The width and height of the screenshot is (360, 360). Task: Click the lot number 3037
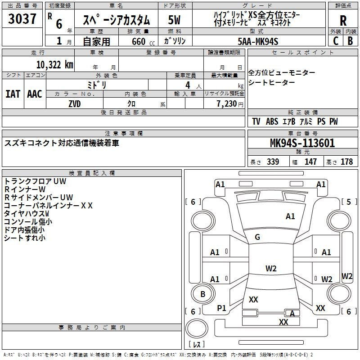point(22,18)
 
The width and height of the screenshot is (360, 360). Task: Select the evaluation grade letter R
point(343,20)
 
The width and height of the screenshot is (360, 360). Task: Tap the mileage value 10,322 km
point(55,65)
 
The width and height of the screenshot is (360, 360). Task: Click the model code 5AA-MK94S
point(258,41)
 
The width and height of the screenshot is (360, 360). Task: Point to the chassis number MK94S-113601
point(302,143)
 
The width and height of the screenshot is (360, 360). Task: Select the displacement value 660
point(139,41)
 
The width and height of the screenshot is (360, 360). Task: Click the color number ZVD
point(75,104)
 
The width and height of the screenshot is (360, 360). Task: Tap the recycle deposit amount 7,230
point(227,104)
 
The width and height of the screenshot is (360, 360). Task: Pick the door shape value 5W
point(174,20)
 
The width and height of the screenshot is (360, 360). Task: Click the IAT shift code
point(13,94)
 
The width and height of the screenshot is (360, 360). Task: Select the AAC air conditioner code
point(35,94)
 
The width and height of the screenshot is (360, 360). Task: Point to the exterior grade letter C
point(336,41)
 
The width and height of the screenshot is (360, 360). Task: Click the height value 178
point(346,162)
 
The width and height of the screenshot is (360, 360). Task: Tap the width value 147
point(310,162)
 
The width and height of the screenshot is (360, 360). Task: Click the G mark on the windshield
point(257,237)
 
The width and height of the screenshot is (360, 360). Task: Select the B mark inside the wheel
point(203,294)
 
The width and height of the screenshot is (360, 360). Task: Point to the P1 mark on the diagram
point(221,308)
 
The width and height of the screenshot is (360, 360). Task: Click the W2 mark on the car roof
point(271,268)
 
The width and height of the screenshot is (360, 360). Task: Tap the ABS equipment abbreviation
point(272,121)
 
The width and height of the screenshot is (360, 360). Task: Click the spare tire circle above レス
point(197,328)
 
